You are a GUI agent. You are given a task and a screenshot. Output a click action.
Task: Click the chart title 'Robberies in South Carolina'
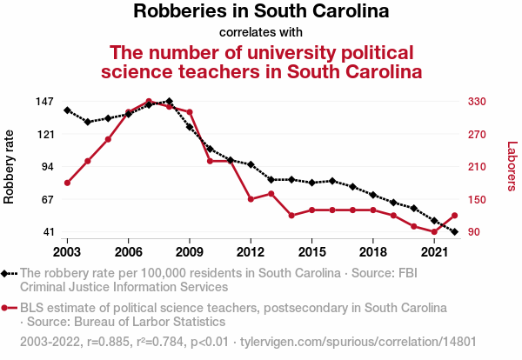click(x=261, y=12)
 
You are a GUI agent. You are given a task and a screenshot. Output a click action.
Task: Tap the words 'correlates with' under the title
click(x=261, y=33)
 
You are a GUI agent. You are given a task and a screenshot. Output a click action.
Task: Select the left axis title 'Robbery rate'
click(x=10, y=166)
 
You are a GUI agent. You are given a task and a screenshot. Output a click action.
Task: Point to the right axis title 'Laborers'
click(x=512, y=166)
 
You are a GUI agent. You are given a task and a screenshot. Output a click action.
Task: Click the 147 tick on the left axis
click(x=45, y=102)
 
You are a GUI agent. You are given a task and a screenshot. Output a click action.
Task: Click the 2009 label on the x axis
click(x=190, y=252)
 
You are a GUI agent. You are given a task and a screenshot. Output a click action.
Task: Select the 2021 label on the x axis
click(x=434, y=252)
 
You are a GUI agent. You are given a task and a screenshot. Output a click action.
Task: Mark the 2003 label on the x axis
click(x=67, y=252)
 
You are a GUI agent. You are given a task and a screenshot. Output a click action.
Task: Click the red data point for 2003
click(x=67, y=183)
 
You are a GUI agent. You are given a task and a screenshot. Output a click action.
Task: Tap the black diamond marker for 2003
click(x=67, y=110)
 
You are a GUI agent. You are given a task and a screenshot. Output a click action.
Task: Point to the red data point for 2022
click(x=454, y=216)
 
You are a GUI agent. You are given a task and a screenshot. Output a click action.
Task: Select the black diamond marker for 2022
click(x=454, y=232)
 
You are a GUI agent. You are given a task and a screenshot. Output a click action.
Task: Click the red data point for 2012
click(x=251, y=199)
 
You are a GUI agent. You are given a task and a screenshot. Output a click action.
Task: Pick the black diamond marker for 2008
click(x=169, y=102)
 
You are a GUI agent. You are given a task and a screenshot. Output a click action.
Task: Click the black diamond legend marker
click(x=7, y=273)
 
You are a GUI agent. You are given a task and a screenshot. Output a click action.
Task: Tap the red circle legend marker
click(x=7, y=308)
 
